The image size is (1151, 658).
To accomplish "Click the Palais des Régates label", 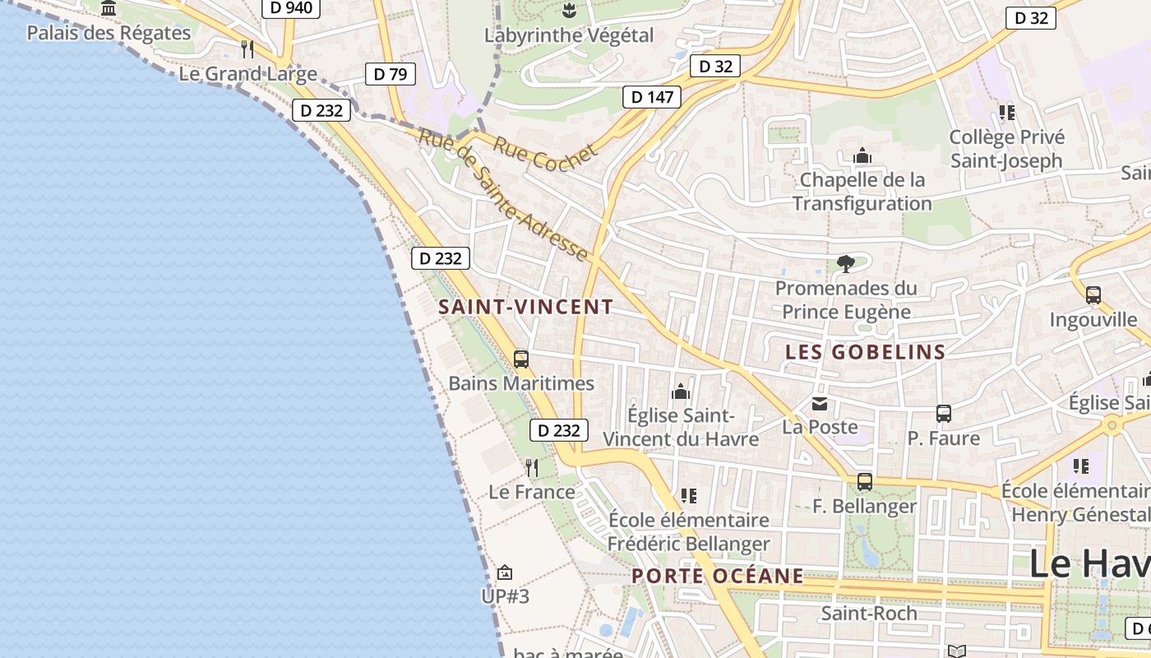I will click(109, 33).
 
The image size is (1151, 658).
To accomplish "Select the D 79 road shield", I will click(390, 74).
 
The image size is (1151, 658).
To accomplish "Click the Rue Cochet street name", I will click(545, 154).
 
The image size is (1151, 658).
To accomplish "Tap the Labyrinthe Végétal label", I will click(569, 35).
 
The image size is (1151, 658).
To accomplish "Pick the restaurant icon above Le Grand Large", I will click(247, 49).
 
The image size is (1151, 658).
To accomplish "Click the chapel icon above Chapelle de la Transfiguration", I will click(862, 155).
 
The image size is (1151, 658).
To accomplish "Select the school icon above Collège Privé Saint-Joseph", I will click(1006, 113).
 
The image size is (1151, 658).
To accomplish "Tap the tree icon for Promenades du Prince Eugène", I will click(845, 264).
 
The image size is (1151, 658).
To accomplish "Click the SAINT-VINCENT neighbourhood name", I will click(526, 308).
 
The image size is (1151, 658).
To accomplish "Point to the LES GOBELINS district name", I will click(865, 352).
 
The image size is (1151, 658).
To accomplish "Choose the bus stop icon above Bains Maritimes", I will click(520, 359).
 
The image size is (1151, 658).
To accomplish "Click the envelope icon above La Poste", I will click(820, 403).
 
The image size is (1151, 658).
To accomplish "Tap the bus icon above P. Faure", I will click(943, 414).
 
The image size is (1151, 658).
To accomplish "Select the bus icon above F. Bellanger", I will click(864, 482).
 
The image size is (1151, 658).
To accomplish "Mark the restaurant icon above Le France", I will click(532, 468).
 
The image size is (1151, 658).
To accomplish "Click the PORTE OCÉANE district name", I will click(718, 576).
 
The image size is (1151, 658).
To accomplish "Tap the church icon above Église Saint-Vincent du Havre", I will click(680, 392).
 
